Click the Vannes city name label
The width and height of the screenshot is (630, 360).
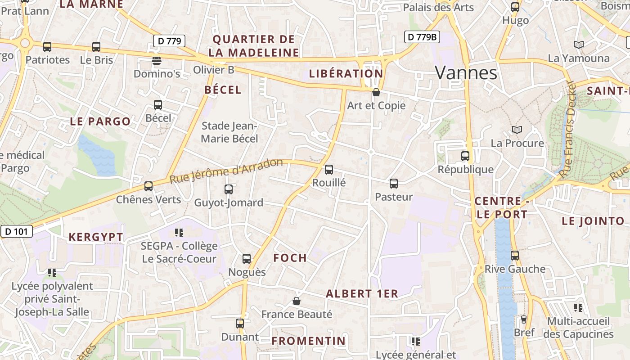[x=466, y=72]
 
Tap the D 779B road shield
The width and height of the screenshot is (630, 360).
[x=422, y=37]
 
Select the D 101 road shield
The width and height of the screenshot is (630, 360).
[x=17, y=232]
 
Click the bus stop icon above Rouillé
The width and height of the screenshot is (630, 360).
[x=329, y=170]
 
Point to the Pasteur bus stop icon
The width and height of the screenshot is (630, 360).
[x=394, y=184]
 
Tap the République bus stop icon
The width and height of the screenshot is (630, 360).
[x=465, y=156]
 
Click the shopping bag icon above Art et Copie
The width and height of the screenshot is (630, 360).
[x=376, y=92]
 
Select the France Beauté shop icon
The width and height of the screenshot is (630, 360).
[x=297, y=301]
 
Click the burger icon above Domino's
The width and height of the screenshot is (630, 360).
[x=157, y=60]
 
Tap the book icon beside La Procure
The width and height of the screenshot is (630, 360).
[x=517, y=130]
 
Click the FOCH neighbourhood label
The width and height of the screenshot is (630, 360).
[x=290, y=258]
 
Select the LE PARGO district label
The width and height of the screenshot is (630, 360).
[x=100, y=121]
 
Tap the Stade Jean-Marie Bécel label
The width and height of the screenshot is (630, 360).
[x=229, y=132]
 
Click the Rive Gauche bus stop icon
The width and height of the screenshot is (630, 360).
[x=515, y=256]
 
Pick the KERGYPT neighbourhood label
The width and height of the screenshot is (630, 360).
[x=96, y=237]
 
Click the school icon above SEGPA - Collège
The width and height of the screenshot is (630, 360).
[x=179, y=233]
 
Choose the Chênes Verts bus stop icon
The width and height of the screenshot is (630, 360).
[x=148, y=186]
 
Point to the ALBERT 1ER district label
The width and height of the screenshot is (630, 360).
[x=362, y=294]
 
